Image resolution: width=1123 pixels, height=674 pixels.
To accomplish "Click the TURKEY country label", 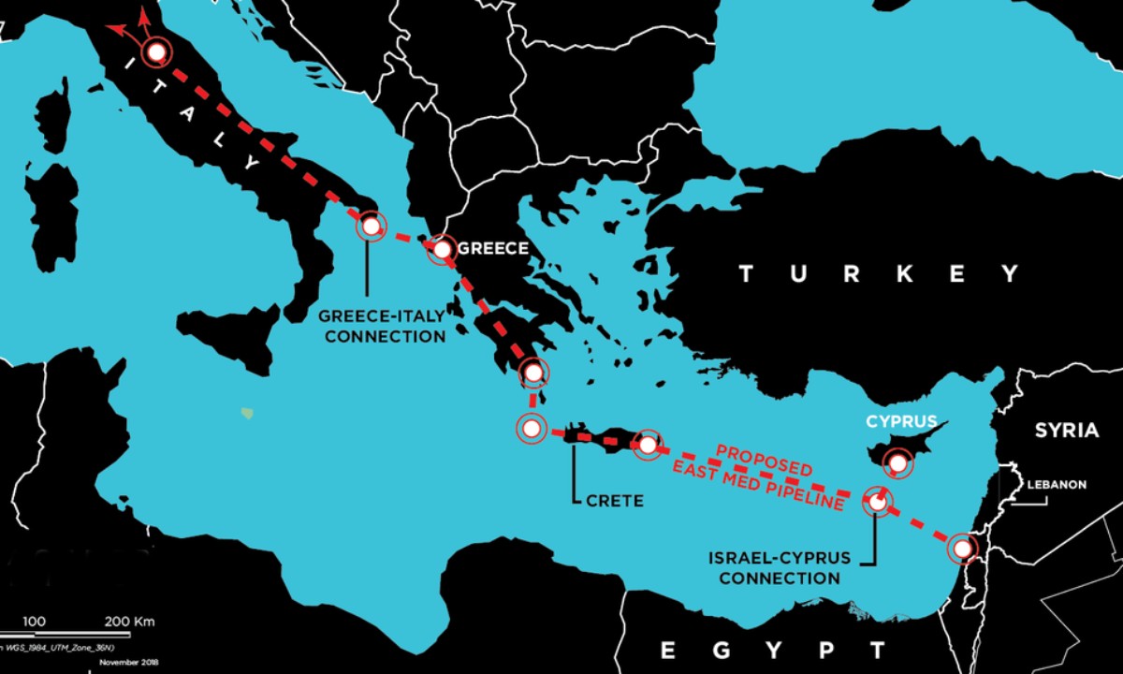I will pyautogui.click(x=879, y=274).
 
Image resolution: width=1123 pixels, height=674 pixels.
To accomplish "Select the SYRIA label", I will pyautogui.click(x=1066, y=431).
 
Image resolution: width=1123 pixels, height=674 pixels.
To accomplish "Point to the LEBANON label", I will pyautogui.click(x=1057, y=485).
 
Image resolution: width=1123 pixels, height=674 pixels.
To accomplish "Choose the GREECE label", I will pyautogui.click(x=492, y=249).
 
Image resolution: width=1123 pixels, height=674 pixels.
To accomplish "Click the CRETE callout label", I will pyautogui.click(x=614, y=501).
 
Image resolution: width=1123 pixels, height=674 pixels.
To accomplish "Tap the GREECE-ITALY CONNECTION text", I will pyautogui.click(x=382, y=326).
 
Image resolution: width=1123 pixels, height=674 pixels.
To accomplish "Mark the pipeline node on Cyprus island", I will pyautogui.click(x=898, y=462).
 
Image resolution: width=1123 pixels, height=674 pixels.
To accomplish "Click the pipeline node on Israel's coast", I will pyautogui.click(x=961, y=548).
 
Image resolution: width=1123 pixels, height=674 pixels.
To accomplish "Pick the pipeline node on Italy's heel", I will pyautogui.click(x=371, y=226).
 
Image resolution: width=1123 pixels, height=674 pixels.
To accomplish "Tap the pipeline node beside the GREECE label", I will pyautogui.click(x=440, y=249).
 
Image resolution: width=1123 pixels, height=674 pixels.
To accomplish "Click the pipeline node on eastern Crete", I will pyautogui.click(x=648, y=445).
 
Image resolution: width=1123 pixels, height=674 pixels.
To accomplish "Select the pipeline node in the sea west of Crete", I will pyautogui.click(x=531, y=430).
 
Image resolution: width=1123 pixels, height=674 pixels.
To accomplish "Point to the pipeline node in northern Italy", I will pyautogui.click(x=156, y=52).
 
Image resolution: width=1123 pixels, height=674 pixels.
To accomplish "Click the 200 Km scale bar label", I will pyautogui.click(x=129, y=622).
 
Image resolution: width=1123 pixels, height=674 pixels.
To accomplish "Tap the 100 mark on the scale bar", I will pyautogui.click(x=35, y=622).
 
